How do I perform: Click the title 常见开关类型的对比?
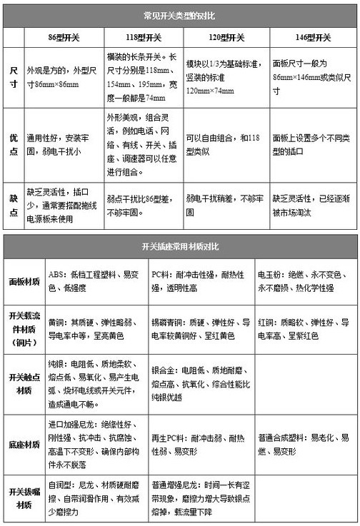[180, 14]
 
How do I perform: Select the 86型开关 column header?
[62, 37]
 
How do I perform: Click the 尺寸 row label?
[14, 76]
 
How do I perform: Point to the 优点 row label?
[14, 142]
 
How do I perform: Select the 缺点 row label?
[14, 198]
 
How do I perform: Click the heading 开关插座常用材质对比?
[180, 246]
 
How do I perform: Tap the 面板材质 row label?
[24, 282]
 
